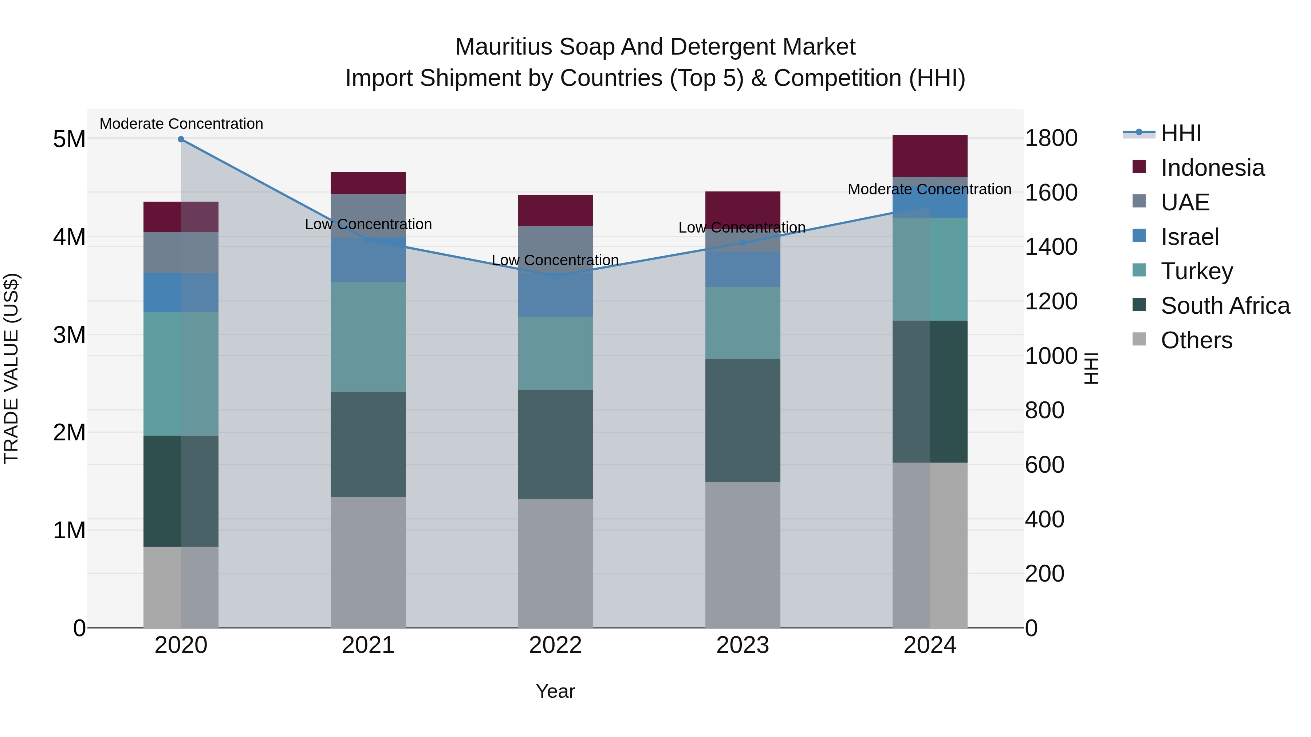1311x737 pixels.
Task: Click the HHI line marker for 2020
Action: [x=181, y=139]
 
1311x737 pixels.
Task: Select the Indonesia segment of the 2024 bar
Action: [x=930, y=156]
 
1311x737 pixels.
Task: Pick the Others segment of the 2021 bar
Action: [x=368, y=562]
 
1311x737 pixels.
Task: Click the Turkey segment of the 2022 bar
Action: [x=555, y=353]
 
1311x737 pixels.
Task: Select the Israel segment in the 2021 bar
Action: [x=368, y=260]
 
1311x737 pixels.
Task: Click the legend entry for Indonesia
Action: [x=1212, y=168]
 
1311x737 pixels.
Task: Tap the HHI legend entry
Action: [x=1180, y=133]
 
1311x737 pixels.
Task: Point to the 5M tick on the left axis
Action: [x=69, y=139]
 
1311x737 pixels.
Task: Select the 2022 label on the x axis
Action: [x=555, y=645]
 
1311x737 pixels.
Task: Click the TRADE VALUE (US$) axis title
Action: [x=11, y=368]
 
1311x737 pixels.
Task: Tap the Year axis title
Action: [x=555, y=691]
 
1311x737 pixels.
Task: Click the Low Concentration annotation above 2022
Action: [x=555, y=261]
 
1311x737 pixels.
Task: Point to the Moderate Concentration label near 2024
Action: [x=929, y=189]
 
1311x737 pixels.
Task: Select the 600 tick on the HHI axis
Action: [x=1044, y=465]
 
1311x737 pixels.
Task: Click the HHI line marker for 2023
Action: [x=743, y=243]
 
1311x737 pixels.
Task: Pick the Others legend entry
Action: [x=1196, y=340]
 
